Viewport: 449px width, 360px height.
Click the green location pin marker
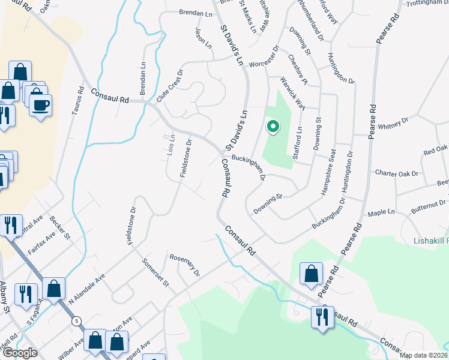(x=273, y=127)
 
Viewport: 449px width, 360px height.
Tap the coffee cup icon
(x=40, y=106)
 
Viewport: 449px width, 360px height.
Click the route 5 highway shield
(x=76, y=321)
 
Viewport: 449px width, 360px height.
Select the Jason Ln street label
(x=205, y=37)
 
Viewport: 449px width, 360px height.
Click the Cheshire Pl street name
(x=297, y=69)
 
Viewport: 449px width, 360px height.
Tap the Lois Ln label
(x=170, y=147)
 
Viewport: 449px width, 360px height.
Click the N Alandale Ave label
(x=87, y=288)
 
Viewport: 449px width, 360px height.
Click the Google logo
(x=20, y=353)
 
